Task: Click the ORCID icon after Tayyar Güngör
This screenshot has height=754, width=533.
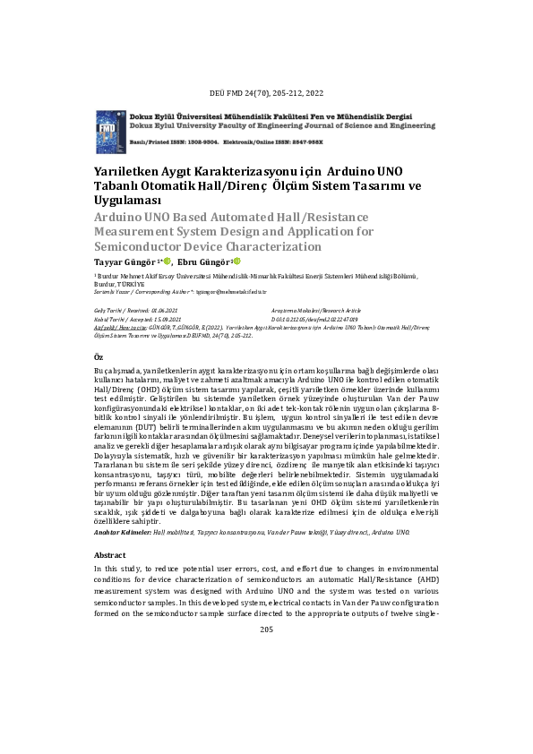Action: [x=167, y=261]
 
